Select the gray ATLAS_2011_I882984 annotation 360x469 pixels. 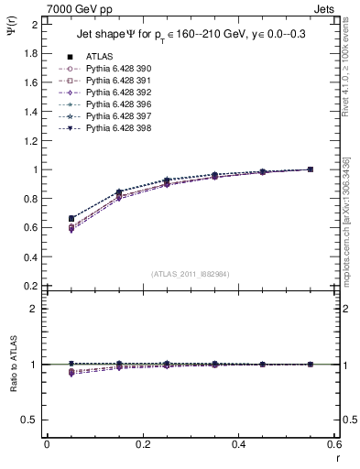click(191, 274)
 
